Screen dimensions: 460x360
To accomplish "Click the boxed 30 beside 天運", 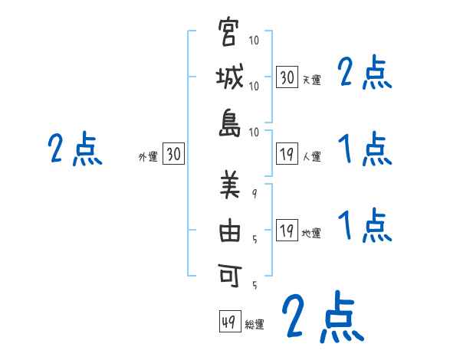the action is click(x=287, y=77).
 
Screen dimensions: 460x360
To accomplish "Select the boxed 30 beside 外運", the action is click(x=174, y=155).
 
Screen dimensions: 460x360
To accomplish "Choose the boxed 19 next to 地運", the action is click(x=287, y=231).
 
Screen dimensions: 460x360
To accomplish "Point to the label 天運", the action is click(x=311, y=80).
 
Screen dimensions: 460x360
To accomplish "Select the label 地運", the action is click(x=311, y=234).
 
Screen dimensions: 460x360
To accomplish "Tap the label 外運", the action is click(x=148, y=157).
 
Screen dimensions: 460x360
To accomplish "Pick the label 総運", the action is click(x=255, y=325).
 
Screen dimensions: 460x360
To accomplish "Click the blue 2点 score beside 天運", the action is click(x=365, y=74).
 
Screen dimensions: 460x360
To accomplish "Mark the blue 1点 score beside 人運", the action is click(x=365, y=149).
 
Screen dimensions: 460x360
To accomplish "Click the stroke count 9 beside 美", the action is click(x=254, y=194).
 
